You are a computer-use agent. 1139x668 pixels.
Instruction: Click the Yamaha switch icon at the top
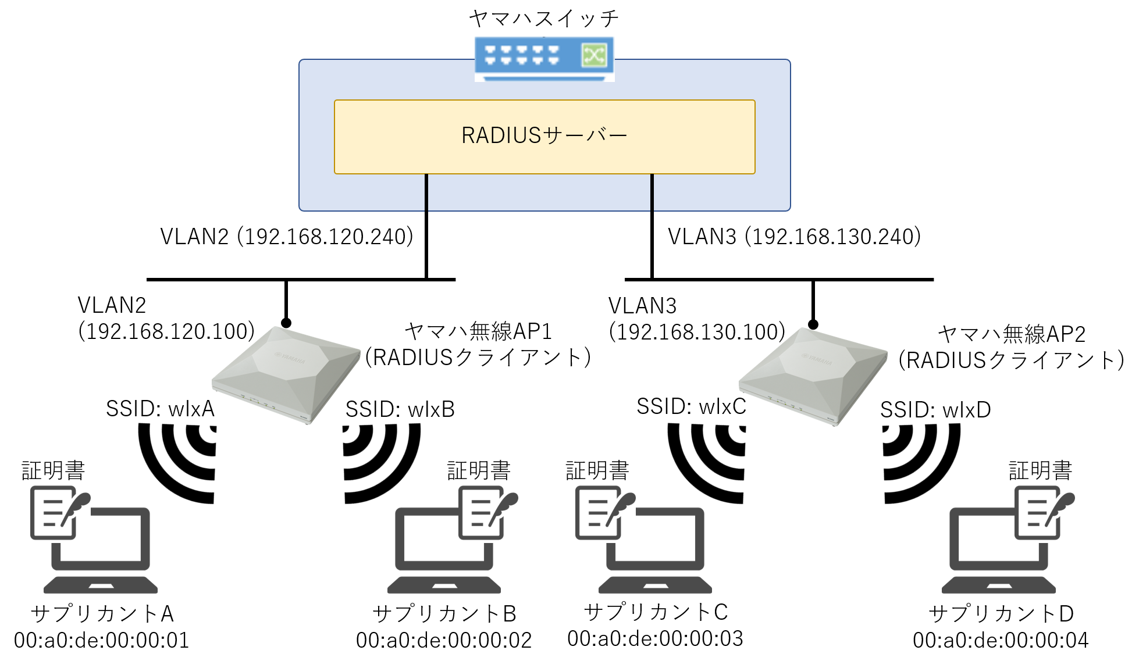coord(544,58)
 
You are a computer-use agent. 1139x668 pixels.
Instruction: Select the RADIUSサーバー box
coord(544,137)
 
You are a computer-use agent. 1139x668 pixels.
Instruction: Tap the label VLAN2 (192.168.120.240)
coord(287,237)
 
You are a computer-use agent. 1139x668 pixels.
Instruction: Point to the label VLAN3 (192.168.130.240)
coord(794,237)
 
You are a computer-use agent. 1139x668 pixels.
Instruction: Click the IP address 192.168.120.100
coord(166,331)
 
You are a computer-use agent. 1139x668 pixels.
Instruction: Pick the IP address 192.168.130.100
coord(697,332)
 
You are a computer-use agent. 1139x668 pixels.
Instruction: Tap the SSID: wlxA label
coord(160,409)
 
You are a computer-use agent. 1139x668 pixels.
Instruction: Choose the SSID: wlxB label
coord(400,409)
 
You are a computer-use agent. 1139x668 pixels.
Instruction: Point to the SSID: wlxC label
coord(691,406)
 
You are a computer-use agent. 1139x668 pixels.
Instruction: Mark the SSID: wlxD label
coord(935,410)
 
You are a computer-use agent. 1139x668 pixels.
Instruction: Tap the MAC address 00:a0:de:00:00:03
coord(655,638)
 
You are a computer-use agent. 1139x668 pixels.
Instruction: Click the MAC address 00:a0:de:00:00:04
coord(1001,640)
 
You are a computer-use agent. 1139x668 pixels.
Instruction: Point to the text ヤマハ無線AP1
coord(478,331)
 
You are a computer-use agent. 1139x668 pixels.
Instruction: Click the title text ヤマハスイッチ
coord(544,19)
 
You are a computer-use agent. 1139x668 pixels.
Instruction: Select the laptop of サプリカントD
coord(999,552)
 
